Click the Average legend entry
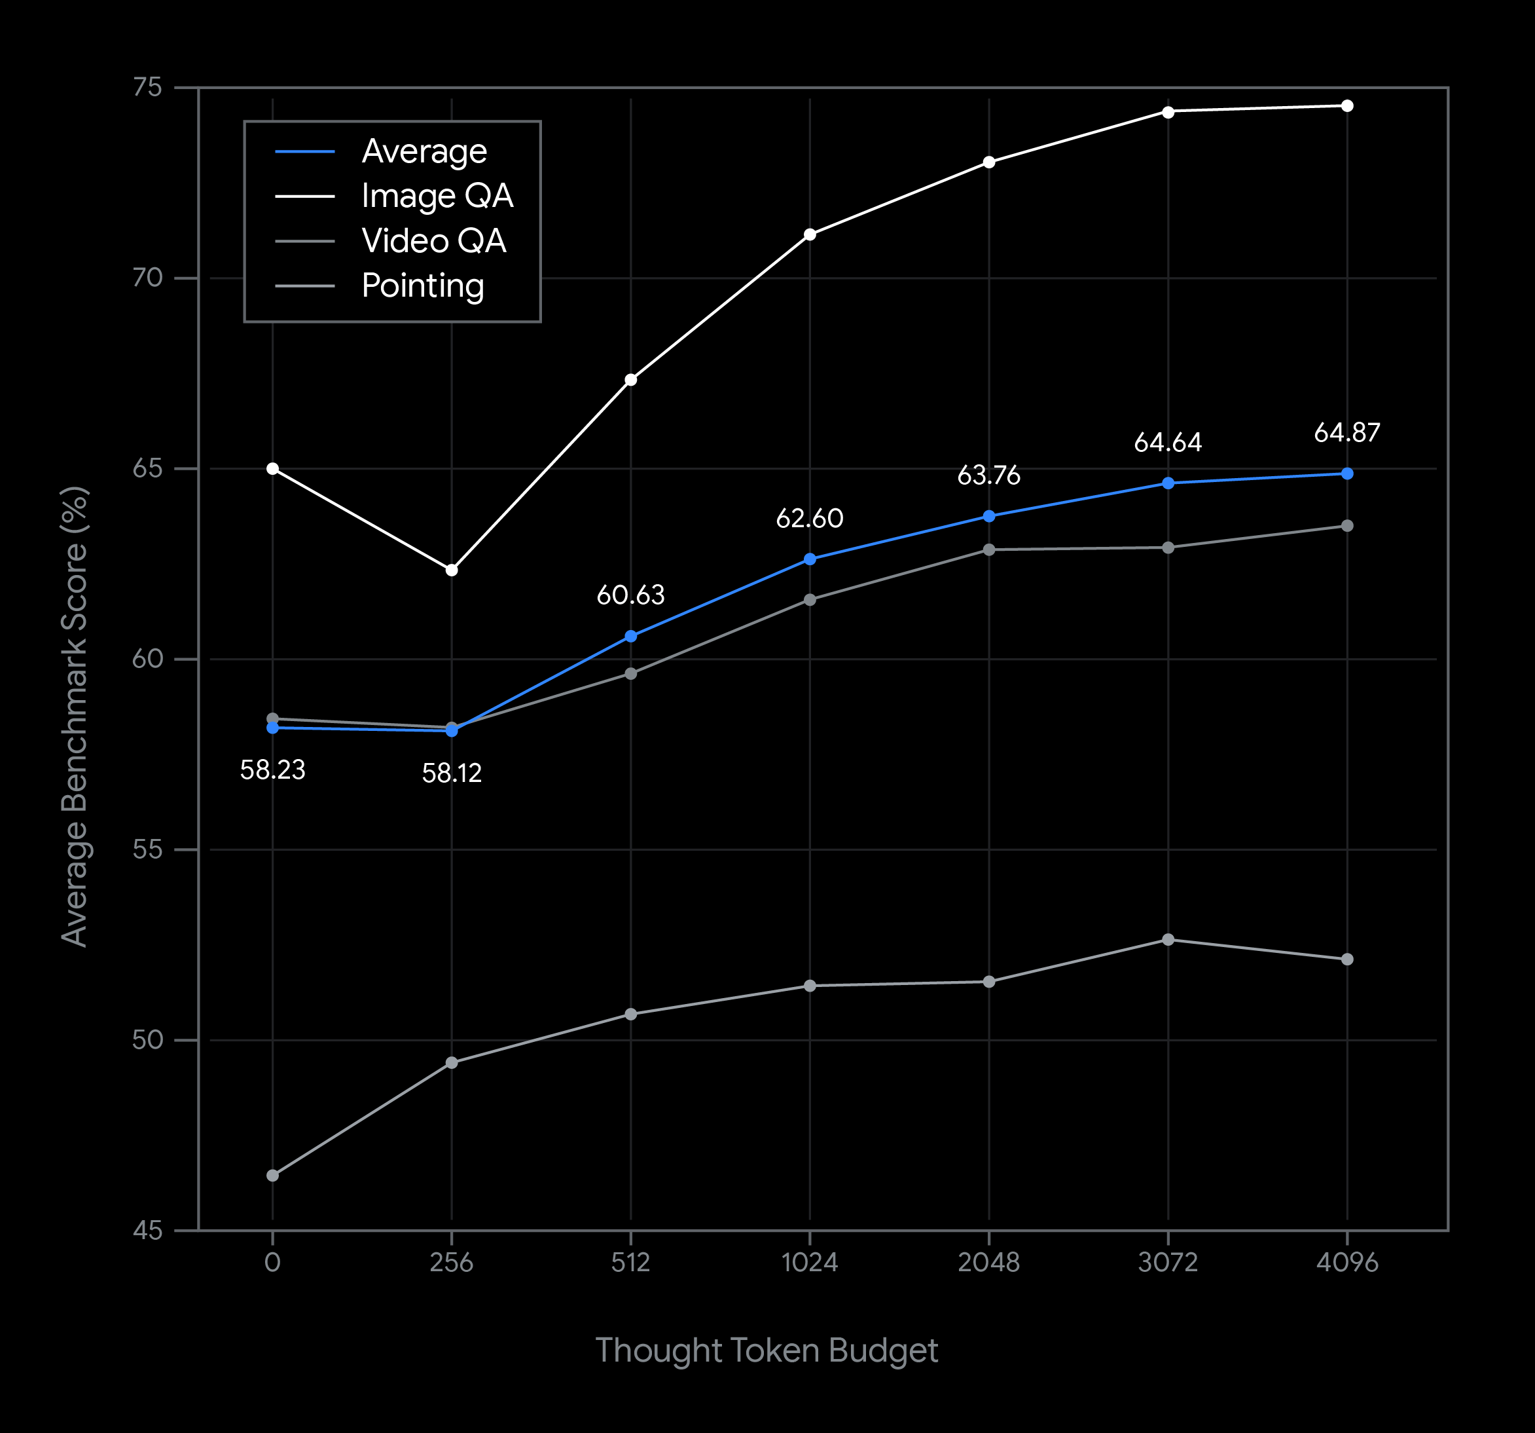[x=424, y=151]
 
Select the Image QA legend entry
[x=437, y=196]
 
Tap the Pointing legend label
[x=422, y=286]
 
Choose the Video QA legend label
[x=433, y=241]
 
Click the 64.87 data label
[x=1346, y=433]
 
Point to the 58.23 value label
[x=272, y=770]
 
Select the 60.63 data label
[x=630, y=595]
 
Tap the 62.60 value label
[x=809, y=518]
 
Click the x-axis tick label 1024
[x=809, y=1262]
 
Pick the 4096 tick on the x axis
[x=1346, y=1262]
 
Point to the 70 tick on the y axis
[x=147, y=278]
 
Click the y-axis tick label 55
[x=147, y=849]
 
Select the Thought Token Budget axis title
[x=767, y=1350]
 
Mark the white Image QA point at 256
[x=452, y=570]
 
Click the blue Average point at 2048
[x=989, y=516]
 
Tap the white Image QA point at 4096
[x=1347, y=106]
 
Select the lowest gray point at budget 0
[x=272, y=1176]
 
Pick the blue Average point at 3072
[x=1168, y=483]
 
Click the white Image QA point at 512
[x=631, y=380]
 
